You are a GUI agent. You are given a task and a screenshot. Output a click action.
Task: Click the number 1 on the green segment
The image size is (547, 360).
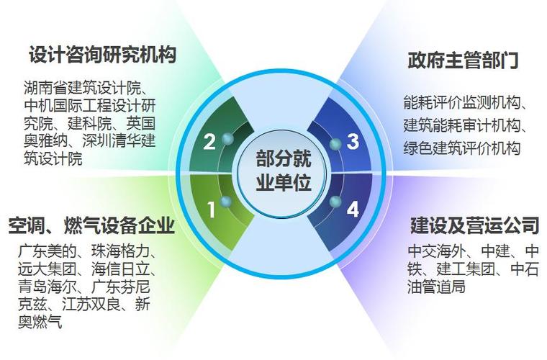click(211, 210)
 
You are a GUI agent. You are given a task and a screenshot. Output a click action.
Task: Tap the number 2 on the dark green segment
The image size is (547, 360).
click(209, 142)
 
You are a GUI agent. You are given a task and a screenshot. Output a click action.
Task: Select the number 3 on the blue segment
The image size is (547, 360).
click(353, 142)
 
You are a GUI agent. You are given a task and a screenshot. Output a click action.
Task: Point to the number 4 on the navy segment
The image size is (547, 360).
click(353, 210)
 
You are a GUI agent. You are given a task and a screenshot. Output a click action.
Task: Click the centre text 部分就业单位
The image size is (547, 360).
click(284, 171)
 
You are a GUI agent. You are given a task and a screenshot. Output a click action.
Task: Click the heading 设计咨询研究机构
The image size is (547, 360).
click(102, 55)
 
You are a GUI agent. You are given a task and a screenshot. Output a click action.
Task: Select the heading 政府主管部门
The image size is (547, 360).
click(464, 60)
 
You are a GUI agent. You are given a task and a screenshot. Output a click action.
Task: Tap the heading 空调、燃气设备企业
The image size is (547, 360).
click(91, 225)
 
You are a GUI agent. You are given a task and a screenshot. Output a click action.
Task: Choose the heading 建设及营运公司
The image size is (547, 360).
click(475, 225)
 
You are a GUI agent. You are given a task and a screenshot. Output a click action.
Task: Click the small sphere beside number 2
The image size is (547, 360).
click(227, 139)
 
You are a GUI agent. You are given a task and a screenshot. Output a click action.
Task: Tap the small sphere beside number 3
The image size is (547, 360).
click(335, 144)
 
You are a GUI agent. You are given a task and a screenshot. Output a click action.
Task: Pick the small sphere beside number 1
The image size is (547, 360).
click(226, 202)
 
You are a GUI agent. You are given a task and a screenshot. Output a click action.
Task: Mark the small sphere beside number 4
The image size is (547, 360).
click(335, 202)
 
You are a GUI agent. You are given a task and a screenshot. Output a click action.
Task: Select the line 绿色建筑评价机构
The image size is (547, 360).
click(462, 148)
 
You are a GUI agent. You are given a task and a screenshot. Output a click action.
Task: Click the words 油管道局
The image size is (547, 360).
click(436, 287)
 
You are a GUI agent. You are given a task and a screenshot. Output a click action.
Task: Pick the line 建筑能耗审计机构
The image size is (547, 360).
click(462, 125)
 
